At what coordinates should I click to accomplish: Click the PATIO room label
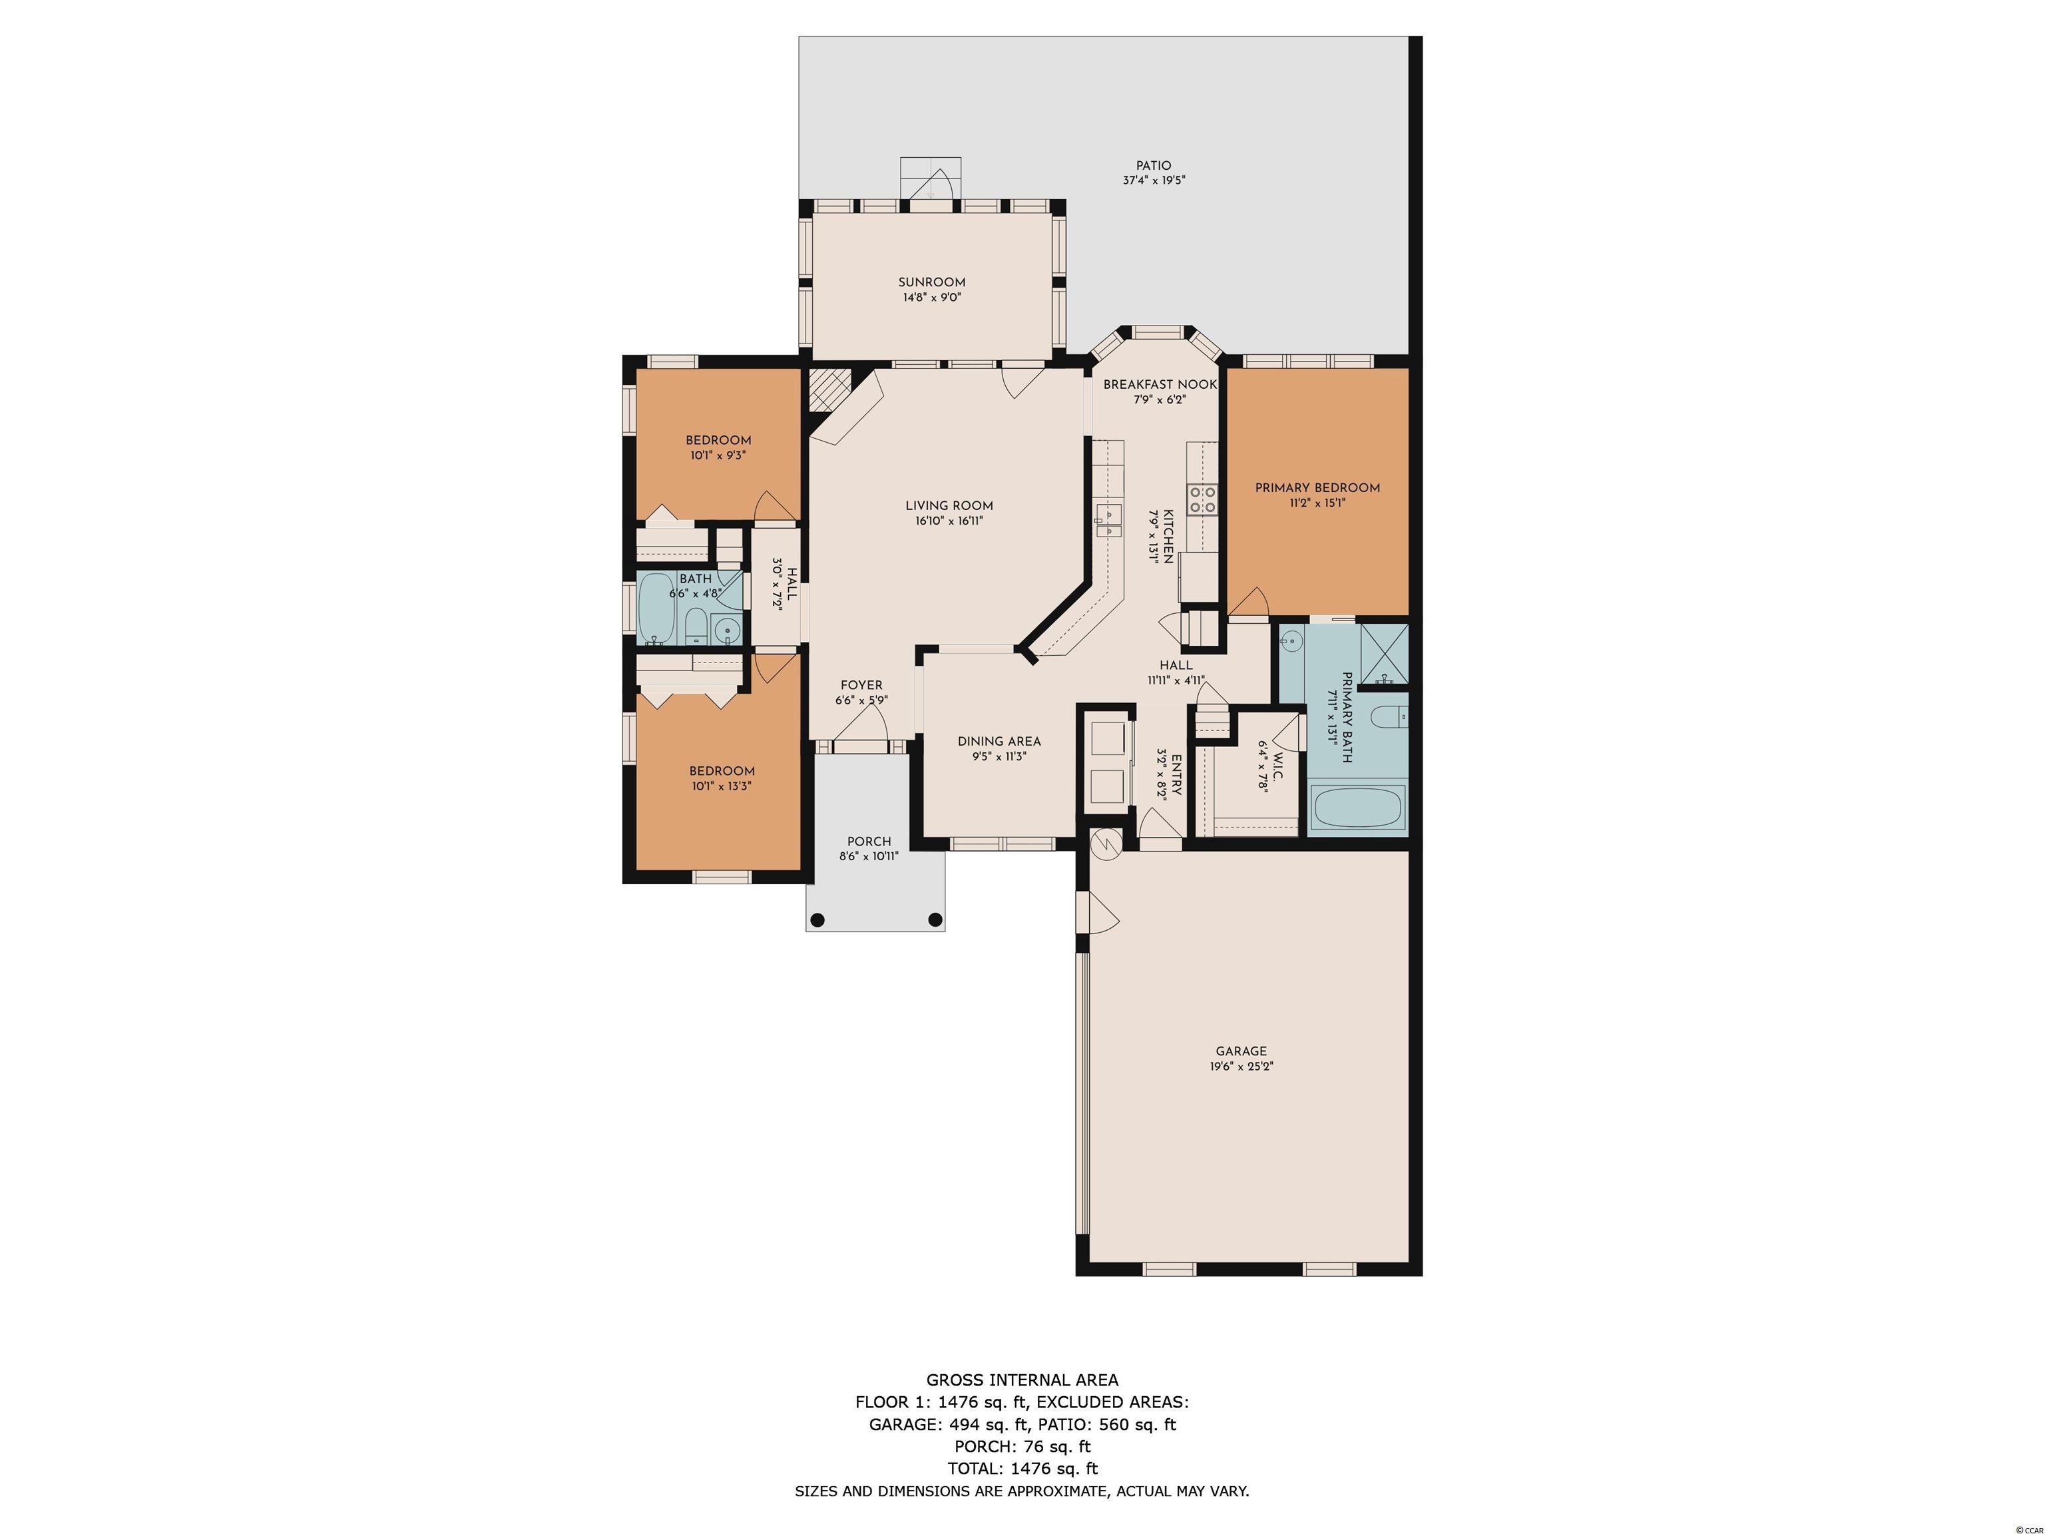click(1154, 166)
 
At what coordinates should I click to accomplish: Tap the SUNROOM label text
click(932, 283)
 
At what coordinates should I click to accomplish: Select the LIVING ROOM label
click(949, 506)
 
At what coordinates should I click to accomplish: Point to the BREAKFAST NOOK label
click(1160, 385)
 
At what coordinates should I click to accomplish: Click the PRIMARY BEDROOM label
click(1317, 488)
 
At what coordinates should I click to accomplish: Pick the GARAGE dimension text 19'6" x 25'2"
click(1242, 1066)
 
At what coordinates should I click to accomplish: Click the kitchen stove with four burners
click(1202, 500)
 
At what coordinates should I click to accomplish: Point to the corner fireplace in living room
click(828, 391)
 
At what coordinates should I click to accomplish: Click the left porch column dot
click(817, 920)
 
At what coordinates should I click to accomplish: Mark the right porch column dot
click(935, 920)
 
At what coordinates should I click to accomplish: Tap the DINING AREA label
click(999, 742)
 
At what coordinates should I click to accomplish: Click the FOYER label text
click(861, 685)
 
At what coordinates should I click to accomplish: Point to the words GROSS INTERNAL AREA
click(1022, 1380)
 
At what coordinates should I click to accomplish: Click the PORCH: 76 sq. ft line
click(1022, 1446)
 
